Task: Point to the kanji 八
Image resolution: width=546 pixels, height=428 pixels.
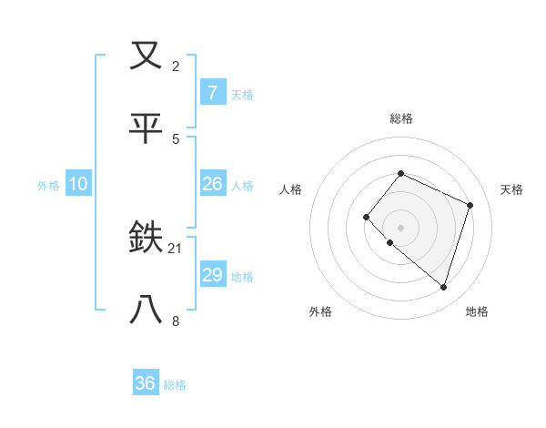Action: pos(147,311)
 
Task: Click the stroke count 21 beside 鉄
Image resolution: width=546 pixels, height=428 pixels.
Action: pos(176,248)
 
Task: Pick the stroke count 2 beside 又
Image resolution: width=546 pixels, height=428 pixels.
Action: pos(176,66)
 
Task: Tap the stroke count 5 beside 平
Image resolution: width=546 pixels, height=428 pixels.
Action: pos(176,138)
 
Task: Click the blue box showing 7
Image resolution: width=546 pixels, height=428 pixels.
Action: pos(212,92)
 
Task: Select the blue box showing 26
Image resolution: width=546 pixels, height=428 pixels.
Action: pos(212,184)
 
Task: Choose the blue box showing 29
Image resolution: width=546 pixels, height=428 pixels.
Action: pos(212,275)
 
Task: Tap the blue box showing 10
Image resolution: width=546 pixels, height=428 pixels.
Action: pos(78,184)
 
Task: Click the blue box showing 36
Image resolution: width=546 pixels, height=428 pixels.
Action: pos(146,383)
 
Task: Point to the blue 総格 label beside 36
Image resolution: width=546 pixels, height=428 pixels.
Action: pos(175,385)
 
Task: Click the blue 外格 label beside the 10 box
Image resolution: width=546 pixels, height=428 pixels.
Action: pos(48,186)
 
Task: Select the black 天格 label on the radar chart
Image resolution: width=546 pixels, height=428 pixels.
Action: pos(511,189)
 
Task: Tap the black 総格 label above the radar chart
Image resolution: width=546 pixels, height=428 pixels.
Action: pos(400,118)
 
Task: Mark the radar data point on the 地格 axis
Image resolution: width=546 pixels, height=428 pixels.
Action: pos(443,288)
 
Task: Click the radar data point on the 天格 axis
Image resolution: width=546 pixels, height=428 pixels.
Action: pos(470,205)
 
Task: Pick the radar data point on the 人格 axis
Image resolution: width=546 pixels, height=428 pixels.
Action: pos(366,217)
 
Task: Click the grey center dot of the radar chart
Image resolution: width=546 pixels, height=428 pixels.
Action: pos(400,228)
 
